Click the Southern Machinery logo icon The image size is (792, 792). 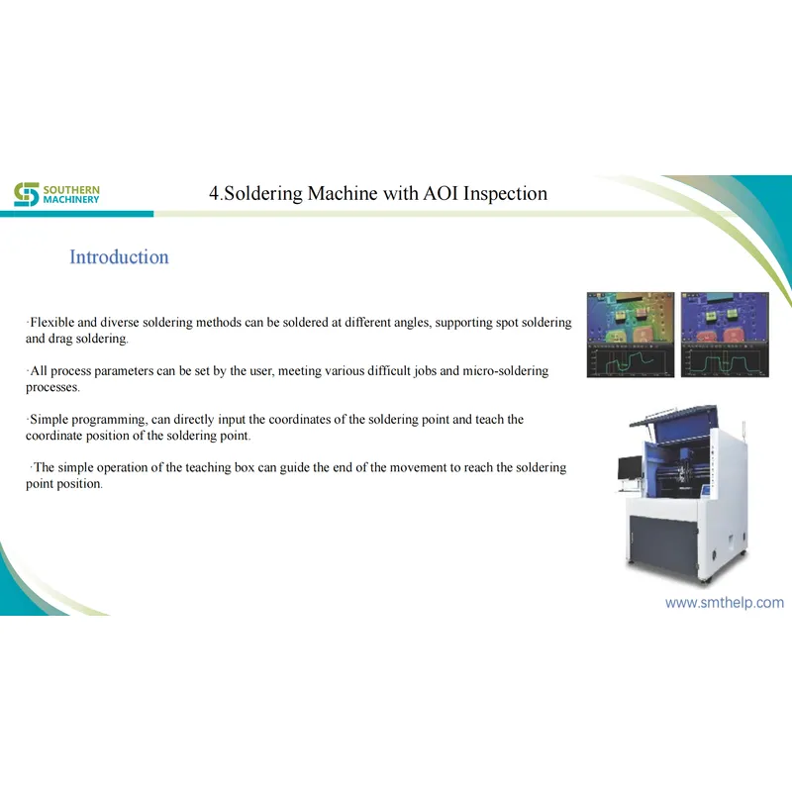26,194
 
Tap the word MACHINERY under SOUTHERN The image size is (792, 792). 71,200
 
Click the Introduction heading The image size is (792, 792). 119,257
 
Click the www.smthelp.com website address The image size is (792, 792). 724,602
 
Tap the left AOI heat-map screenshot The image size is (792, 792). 630,335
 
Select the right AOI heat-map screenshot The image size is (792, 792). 725,335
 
